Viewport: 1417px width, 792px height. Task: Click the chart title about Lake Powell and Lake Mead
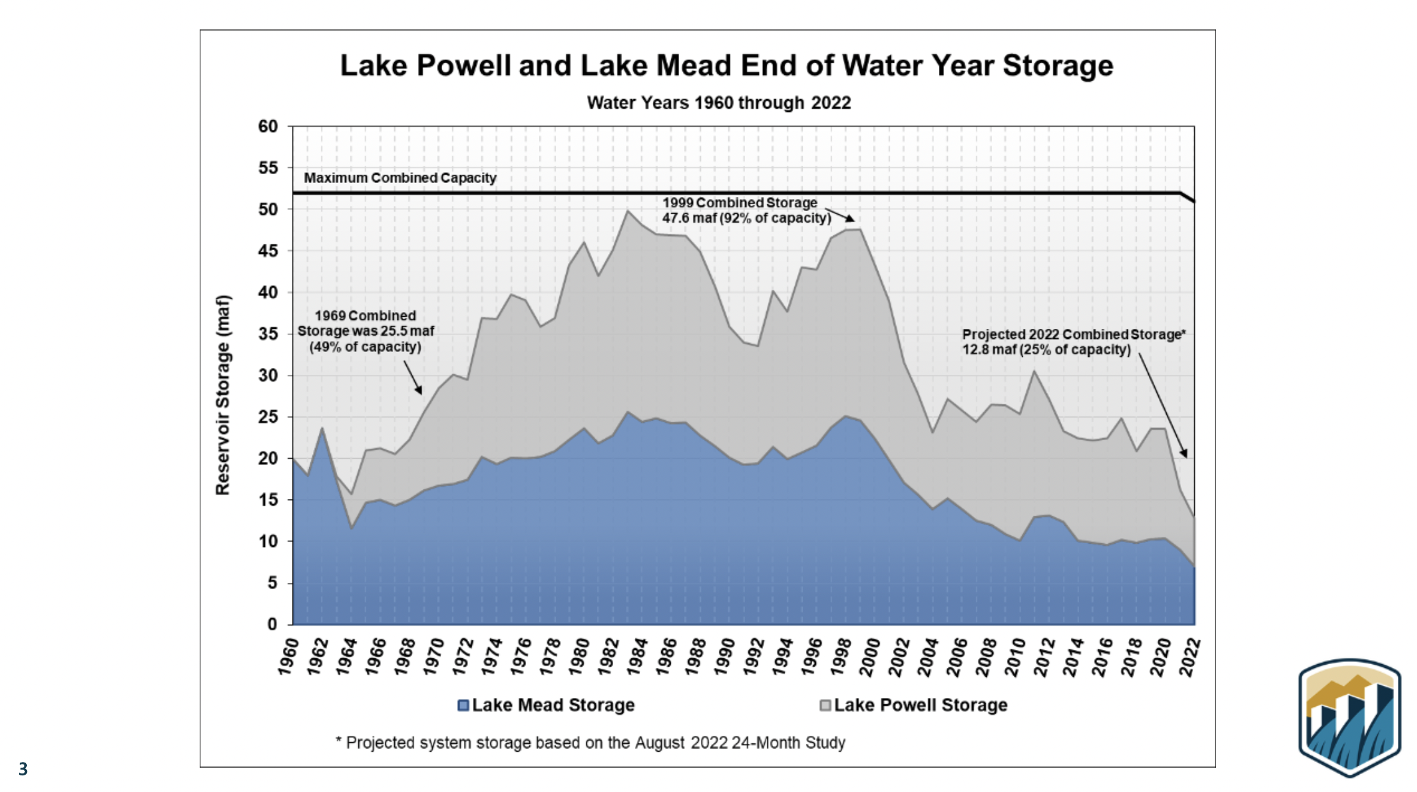click(726, 65)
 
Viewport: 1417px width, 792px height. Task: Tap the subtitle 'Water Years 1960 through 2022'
click(719, 102)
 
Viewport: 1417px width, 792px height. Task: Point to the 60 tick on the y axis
click(268, 127)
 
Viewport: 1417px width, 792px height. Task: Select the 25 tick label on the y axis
click(268, 417)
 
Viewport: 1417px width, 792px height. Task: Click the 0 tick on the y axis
click(272, 624)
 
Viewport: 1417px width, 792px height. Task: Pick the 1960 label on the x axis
click(288, 656)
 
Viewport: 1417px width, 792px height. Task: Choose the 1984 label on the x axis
click(637, 656)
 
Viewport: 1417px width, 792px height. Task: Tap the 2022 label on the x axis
click(1189, 656)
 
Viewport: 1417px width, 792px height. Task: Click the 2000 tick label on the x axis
click(869, 656)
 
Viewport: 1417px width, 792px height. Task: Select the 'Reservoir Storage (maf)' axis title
click(222, 395)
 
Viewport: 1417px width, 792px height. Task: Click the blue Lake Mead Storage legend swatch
click(463, 706)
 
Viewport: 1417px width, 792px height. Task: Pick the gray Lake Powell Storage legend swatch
click(826, 706)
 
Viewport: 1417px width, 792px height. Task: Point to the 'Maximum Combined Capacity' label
click(400, 178)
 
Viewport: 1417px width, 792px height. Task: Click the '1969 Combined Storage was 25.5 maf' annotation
click(365, 331)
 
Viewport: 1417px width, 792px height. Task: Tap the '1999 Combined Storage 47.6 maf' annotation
click(746, 210)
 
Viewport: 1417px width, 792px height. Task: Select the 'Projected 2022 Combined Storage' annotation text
click(1073, 342)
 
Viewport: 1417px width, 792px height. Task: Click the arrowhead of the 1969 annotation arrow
click(419, 391)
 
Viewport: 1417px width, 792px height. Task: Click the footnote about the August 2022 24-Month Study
click(590, 743)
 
